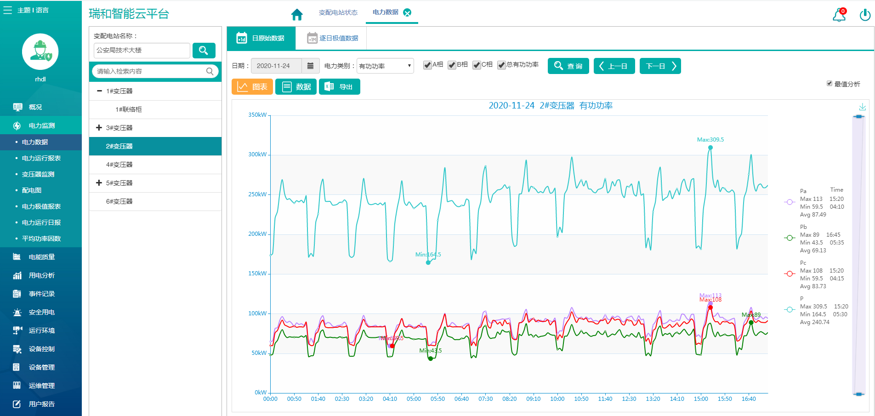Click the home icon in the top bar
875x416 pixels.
pyautogui.click(x=297, y=15)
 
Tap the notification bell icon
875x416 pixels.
pyautogui.click(x=839, y=15)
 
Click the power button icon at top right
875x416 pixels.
pyautogui.click(x=864, y=15)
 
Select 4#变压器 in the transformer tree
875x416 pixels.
pyautogui.click(x=119, y=165)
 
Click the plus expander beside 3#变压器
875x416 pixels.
pyautogui.click(x=99, y=128)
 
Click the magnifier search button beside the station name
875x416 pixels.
pyautogui.click(x=204, y=51)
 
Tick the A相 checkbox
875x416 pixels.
pyautogui.click(x=427, y=65)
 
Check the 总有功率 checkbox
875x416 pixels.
pyautogui.click(x=501, y=65)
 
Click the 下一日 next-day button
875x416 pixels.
pyautogui.click(x=660, y=66)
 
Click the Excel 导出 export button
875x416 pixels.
pyautogui.click(x=339, y=87)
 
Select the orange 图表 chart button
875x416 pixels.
pyautogui.click(x=252, y=87)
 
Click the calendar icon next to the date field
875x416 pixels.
pyautogui.click(x=310, y=66)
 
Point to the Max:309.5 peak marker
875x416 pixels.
pyautogui.click(x=710, y=148)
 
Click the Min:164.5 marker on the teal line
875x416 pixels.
pyautogui.click(x=428, y=262)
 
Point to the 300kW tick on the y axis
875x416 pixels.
pyautogui.click(x=257, y=154)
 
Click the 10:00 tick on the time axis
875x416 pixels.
pyautogui.click(x=557, y=399)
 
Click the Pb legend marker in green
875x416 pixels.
pyautogui.click(x=790, y=238)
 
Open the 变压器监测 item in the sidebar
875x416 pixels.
pyautogui.click(x=38, y=174)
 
